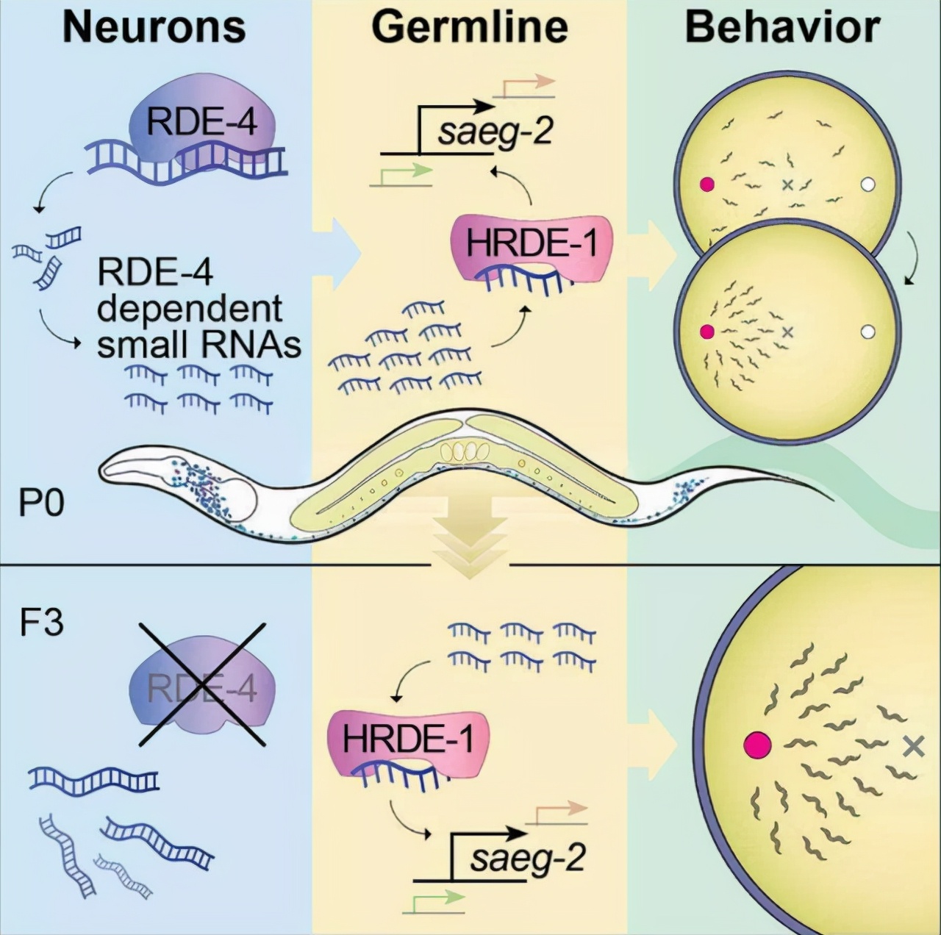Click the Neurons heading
click(154, 27)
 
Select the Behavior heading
click(782, 27)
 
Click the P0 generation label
click(41, 504)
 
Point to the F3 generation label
click(41, 623)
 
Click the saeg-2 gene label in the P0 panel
click(494, 134)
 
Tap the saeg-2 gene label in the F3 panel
click(528, 858)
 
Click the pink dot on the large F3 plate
click(757, 745)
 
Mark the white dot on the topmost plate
click(867, 185)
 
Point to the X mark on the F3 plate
click(913, 747)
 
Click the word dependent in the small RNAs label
click(190, 309)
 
